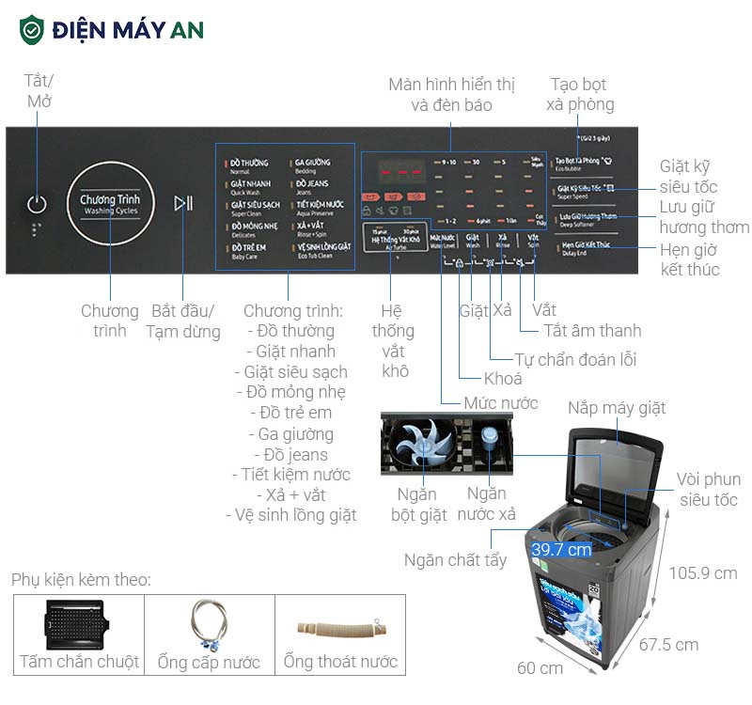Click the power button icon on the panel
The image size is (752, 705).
tap(37, 204)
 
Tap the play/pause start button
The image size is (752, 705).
tap(183, 203)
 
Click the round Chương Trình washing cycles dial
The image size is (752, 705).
tap(109, 204)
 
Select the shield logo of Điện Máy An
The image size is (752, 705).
tap(32, 29)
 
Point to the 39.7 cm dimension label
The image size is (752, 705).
tap(561, 549)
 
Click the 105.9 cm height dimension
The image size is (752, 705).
tap(702, 572)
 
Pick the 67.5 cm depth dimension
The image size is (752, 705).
tap(668, 645)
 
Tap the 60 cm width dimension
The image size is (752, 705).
tap(540, 668)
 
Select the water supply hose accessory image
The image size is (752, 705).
tap(208, 623)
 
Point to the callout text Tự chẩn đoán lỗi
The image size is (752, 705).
tap(576, 359)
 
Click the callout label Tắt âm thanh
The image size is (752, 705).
tap(592, 330)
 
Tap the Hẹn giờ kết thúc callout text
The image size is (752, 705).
tap(689, 259)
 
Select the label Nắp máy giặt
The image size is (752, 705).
tap(616, 408)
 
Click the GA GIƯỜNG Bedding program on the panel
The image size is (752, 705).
tap(312, 166)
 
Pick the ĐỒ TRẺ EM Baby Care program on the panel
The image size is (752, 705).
tap(249, 250)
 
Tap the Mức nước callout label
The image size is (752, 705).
tap(501, 402)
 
